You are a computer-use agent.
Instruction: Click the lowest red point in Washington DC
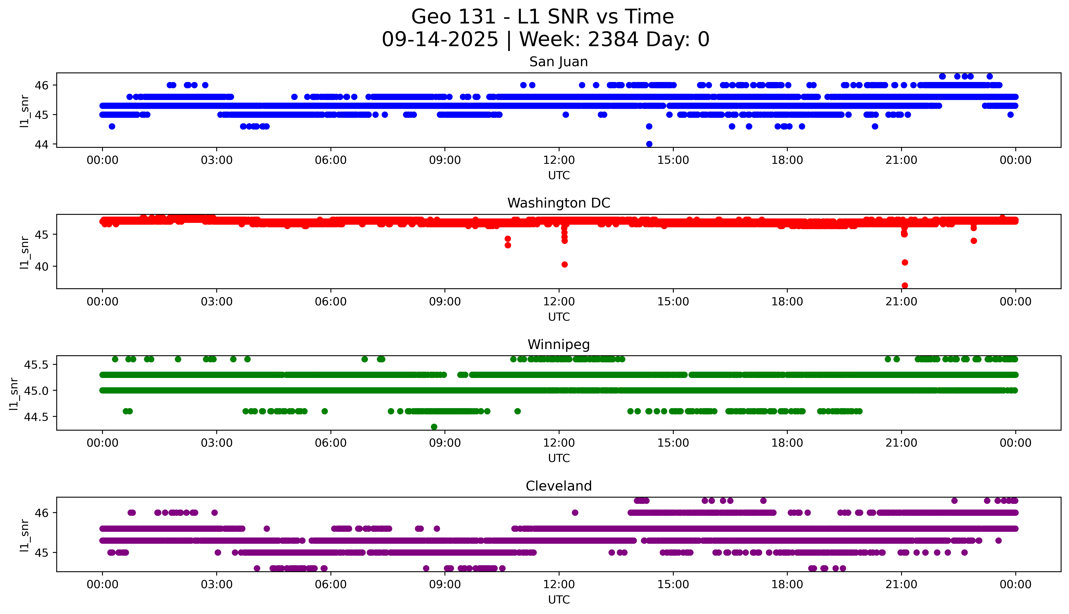pos(905,285)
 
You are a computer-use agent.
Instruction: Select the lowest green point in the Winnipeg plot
pos(434,427)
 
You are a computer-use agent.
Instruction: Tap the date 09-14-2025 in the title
pos(440,40)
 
